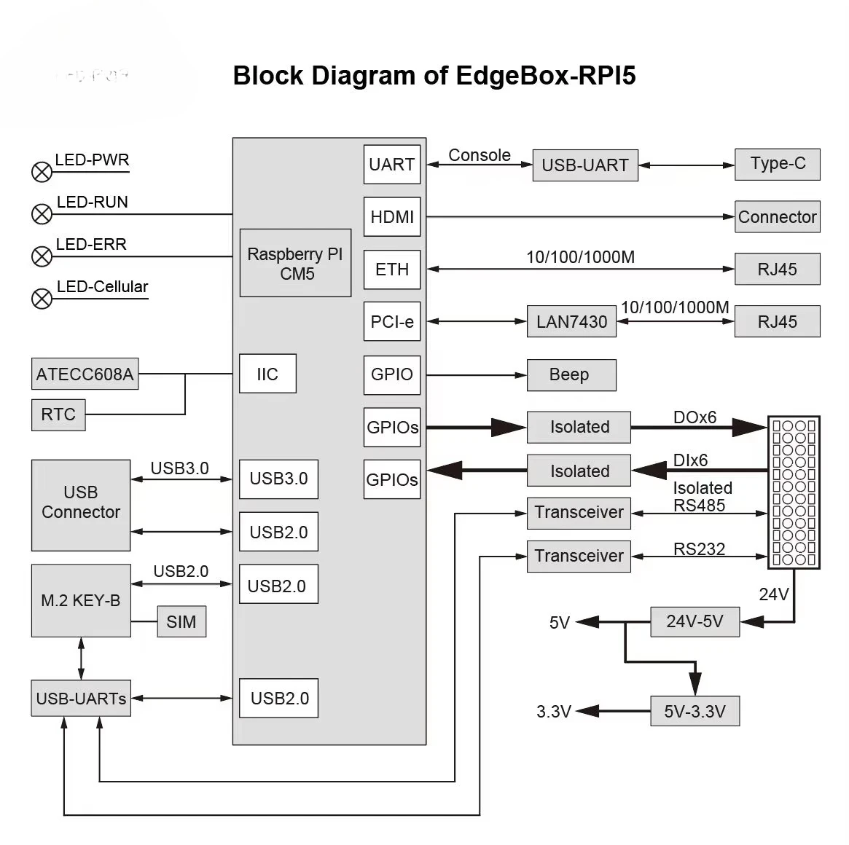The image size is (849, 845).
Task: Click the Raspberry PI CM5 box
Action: pos(295,263)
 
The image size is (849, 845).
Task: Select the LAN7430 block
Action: pos(571,322)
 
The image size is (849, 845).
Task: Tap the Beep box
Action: pos(571,375)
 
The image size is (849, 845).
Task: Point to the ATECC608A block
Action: pos(85,374)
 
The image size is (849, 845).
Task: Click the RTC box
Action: pos(58,414)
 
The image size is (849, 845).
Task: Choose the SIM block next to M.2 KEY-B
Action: pos(181,621)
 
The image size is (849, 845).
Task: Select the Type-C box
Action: pos(778,164)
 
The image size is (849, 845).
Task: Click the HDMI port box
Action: pos(392,216)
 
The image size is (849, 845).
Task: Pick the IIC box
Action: pos(267,374)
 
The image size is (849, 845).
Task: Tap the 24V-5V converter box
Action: pos(695,621)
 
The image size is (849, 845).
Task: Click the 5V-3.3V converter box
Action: pos(695,711)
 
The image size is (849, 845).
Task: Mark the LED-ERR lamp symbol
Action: pos(42,256)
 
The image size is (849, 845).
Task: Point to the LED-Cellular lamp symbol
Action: pos(42,299)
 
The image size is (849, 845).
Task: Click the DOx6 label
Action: pos(695,417)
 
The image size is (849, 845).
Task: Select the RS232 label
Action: pos(699,549)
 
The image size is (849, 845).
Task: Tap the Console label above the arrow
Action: pos(480,155)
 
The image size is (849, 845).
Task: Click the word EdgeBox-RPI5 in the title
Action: pos(545,76)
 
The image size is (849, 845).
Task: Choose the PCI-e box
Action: pos(392,322)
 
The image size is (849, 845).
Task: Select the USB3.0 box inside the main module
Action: pos(278,479)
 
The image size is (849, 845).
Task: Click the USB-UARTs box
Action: pos(81,698)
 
